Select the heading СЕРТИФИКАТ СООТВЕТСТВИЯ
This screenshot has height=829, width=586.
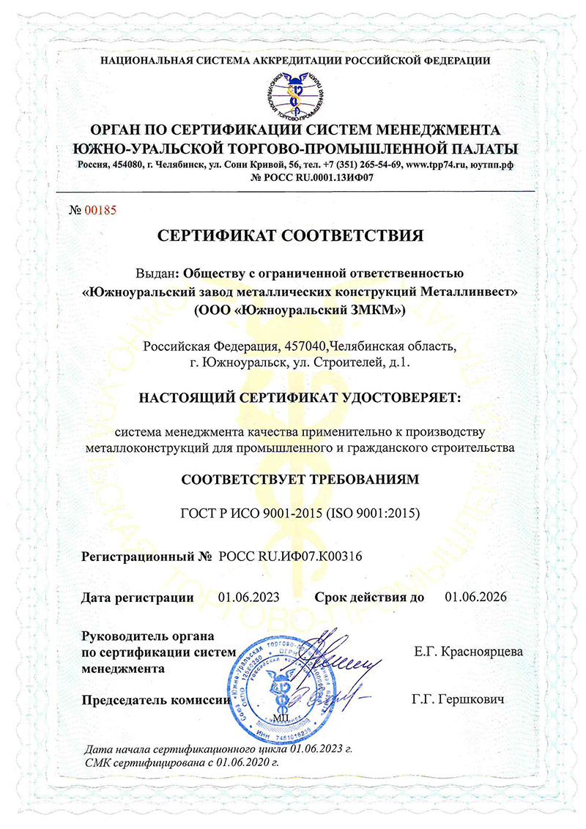292,236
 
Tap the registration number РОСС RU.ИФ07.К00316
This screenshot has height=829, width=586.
291,557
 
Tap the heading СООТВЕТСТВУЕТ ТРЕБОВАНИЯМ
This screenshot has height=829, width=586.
292,480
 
